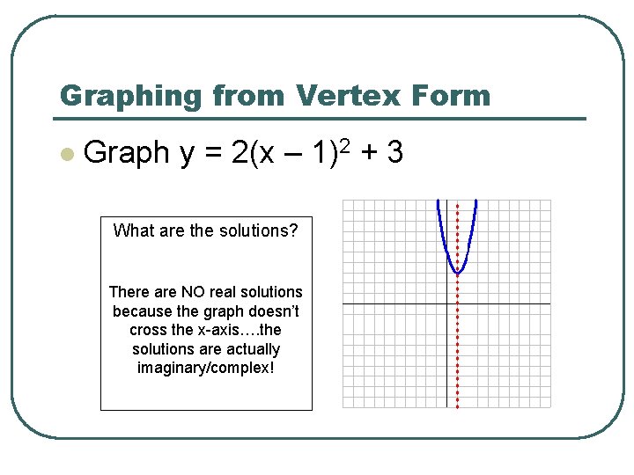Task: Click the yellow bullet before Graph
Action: pyautogui.click(x=65, y=154)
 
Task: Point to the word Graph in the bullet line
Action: pyautogui.click(x=126, y=153)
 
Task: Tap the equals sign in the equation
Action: pyautogui.click(x=212, y=154)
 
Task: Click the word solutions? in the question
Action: pyautogui.click(x=256, y=231)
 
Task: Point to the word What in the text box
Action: pyautogui.click(x=134, y=231)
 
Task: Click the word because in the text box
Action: pyautogui.click(x=141, y=311)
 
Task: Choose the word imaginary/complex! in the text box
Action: pyautogui.click(x=205, y=368)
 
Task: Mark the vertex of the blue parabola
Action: pyautogui.click(x=457, y=274)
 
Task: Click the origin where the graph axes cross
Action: pyautogui.click(x=446, y=304)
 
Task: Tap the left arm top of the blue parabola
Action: pyautogui.click(x=439, y=204)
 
